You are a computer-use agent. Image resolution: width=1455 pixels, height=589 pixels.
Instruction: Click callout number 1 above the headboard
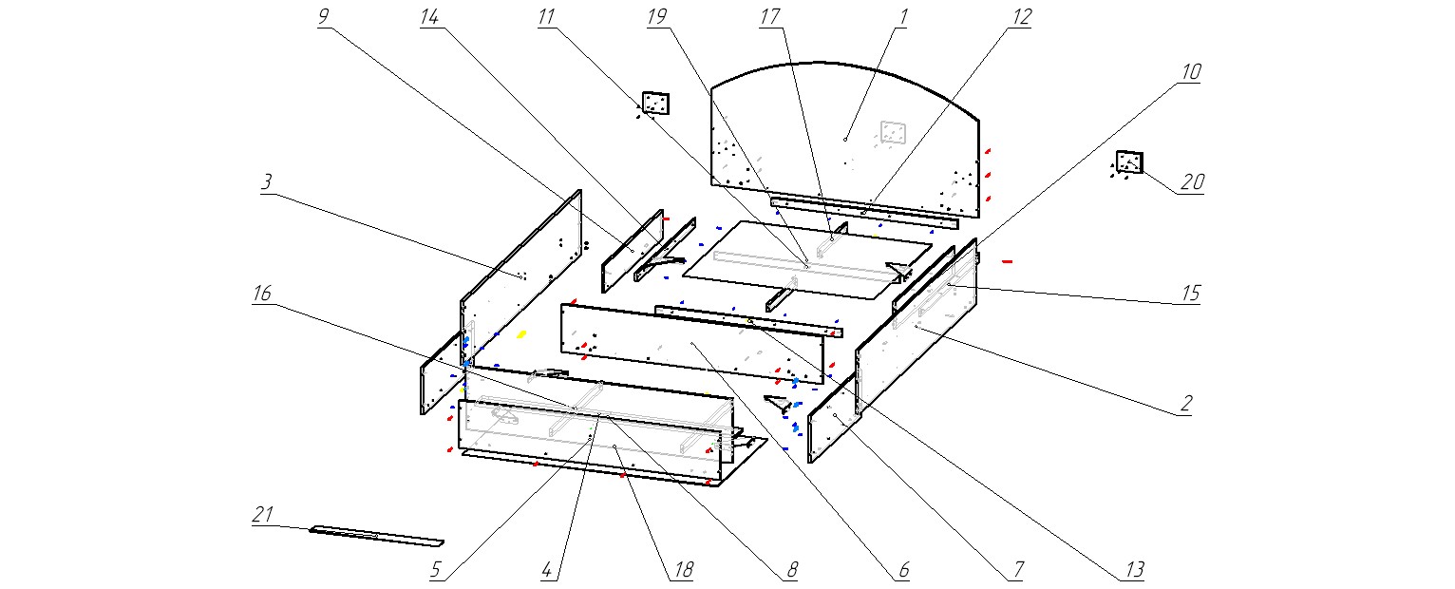click(x=903, y=16)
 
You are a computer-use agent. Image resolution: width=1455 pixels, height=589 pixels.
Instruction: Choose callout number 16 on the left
click(x=261, y=294)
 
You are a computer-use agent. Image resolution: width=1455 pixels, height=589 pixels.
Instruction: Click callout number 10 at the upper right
click(x=1191, y=72)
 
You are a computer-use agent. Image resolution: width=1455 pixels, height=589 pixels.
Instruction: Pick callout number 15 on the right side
click(x=1190, y=294)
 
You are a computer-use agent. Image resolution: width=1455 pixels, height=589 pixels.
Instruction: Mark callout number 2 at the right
click(x=1185, y=403)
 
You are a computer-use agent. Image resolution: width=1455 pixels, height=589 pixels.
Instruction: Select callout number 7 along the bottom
click(x=1017, y=570)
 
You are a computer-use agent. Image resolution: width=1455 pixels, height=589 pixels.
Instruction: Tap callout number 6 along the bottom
click(x=903, y=570)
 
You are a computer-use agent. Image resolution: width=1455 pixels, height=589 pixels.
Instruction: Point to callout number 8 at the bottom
click(x=790, y=570)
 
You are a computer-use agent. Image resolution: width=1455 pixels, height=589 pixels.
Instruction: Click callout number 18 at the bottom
click(x=683, y=570)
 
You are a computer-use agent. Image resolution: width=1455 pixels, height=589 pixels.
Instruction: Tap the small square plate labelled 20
click(x=1129, y=161)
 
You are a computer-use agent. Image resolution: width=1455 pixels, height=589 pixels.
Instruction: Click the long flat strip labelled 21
click(x=376, y=537)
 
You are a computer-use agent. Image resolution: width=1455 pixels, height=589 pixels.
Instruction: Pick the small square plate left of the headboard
click(x=656, y=103)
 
